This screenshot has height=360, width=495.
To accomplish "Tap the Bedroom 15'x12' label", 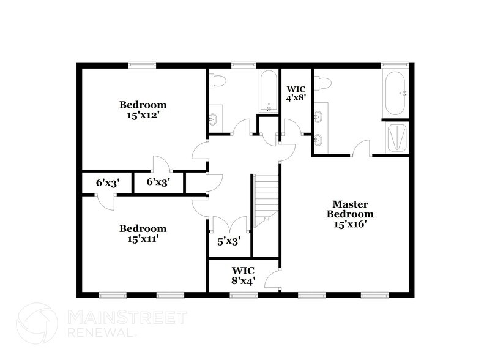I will pyautogui.click(x=143, y=110).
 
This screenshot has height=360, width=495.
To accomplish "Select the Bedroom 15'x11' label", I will pyautogui.click(x=143, y=234).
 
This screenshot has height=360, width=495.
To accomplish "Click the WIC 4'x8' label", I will pyautogui.click(x=297, y=93).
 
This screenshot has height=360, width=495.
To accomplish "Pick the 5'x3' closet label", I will pyautogui.click(x=229, y=241).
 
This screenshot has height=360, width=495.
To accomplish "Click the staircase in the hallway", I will pyautogui.click(x=266, y=199).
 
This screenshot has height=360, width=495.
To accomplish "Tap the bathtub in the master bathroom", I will pyautogui.click(x=395, y=93).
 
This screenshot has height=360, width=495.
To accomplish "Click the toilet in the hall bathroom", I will pyautogui.click(x=217, y=82).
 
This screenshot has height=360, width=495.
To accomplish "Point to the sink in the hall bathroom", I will pyautogui.click(x=214, y=119).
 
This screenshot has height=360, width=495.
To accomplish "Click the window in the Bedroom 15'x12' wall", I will pyautogui.click(x=142, y=65).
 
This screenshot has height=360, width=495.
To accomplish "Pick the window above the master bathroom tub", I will pyautogui.click(x=395, y=65).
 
